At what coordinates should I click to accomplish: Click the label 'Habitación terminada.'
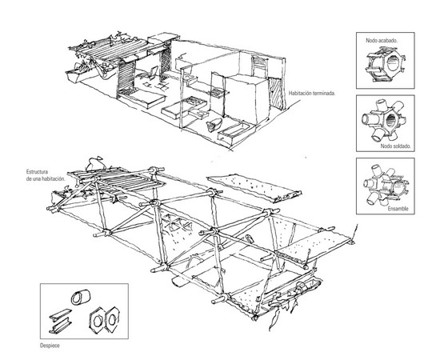pos(312,93)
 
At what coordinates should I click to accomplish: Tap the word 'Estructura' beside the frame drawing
pos(37,172)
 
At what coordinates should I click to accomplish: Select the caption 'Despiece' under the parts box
pos(50,346)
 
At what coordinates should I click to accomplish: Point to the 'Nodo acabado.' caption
pos(382,40)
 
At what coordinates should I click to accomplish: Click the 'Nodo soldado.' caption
pos(395,146)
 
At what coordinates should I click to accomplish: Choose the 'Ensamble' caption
pos(398,209)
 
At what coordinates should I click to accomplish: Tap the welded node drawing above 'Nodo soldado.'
pos(384,121)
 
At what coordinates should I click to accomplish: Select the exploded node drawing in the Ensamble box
pos(386,185)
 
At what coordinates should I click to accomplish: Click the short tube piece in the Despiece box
pos(81,297)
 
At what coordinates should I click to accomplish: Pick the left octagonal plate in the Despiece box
pos(97,320)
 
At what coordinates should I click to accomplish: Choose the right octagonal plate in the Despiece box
pos(112,319)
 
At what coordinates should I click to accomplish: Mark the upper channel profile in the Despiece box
pos(60,314)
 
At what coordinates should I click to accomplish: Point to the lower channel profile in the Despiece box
pos(60,326)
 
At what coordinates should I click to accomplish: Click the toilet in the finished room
pos(214,125)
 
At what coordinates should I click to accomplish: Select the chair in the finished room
pos(150,73)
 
